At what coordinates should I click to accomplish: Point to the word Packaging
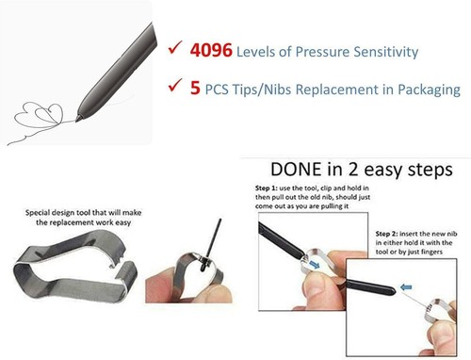pyautogui.click(x=427, y=90)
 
